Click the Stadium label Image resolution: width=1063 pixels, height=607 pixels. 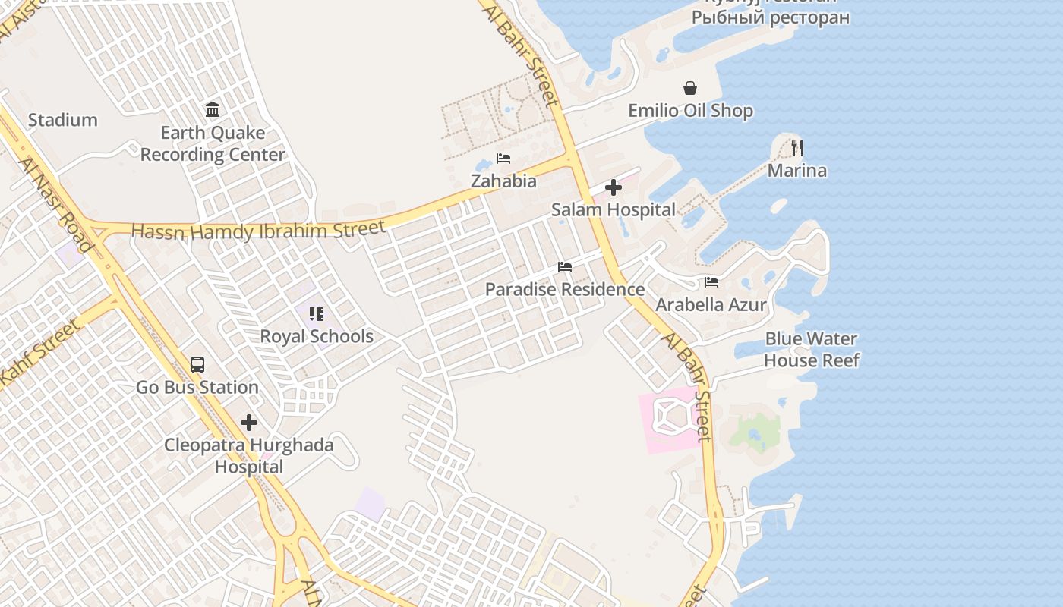click(x=63, y=120)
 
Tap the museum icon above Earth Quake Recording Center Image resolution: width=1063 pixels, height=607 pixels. click(x=213, y=110)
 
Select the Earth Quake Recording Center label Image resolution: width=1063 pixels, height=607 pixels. click(x=213, y=143)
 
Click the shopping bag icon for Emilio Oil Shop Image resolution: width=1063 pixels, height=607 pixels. click(x=690, y=89)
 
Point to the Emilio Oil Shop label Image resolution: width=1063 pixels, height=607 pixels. click(x=690, y=111)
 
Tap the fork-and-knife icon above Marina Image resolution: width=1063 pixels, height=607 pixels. click(x=796, y=147)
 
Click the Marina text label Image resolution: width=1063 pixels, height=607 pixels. click(x=796, y=170)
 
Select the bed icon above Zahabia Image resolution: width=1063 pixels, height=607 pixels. click(x=503, y=159)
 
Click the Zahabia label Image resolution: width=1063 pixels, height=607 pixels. click(x=503, y=181)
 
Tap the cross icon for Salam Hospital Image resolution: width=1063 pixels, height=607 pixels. click(x=614, y=187)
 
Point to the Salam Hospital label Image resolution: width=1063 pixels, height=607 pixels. click(x=614, y=209)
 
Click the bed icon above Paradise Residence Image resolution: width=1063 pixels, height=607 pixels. click(x=565, y=267)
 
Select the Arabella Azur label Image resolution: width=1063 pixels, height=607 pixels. click(x=711, y=305)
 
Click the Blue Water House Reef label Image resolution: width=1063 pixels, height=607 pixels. click(x=811, y=349)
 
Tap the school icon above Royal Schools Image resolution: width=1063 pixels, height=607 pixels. click(x=317, y=314)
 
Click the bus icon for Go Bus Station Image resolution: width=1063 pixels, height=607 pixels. click(x=197, y=365)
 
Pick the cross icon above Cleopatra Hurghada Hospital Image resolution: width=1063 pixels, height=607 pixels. click(x=249, y=423)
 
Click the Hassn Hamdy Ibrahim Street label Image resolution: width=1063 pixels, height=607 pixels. click(x=258, y=230)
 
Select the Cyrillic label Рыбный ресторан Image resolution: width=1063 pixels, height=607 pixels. click(x=771, y=17)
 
